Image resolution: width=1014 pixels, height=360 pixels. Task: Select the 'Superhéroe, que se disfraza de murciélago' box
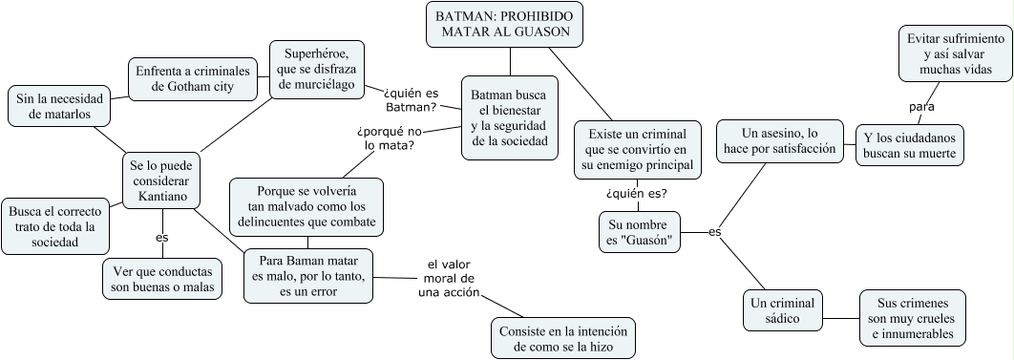(x=318, y=69)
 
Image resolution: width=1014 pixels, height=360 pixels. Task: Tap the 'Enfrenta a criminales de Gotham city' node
(x=192, y=79)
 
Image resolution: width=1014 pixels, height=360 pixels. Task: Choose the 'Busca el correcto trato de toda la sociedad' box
(x=53, y=226)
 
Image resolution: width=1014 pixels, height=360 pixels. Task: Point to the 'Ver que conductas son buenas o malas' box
(x=160, y=278)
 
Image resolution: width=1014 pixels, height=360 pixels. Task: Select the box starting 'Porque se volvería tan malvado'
(x=306, y=206)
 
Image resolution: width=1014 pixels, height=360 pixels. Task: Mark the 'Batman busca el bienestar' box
(x=510, y=117)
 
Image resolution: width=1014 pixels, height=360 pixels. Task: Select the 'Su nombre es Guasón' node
(x=641, y=233)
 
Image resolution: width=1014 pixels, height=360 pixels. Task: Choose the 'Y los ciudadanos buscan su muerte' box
(x=908, y=144)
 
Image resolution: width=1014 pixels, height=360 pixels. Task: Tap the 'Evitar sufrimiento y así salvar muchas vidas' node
(x=951, y=54)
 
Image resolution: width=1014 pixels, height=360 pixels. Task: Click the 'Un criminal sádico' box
(x=782, y=309)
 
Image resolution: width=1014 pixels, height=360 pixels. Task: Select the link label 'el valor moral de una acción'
(x=449, y=278)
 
